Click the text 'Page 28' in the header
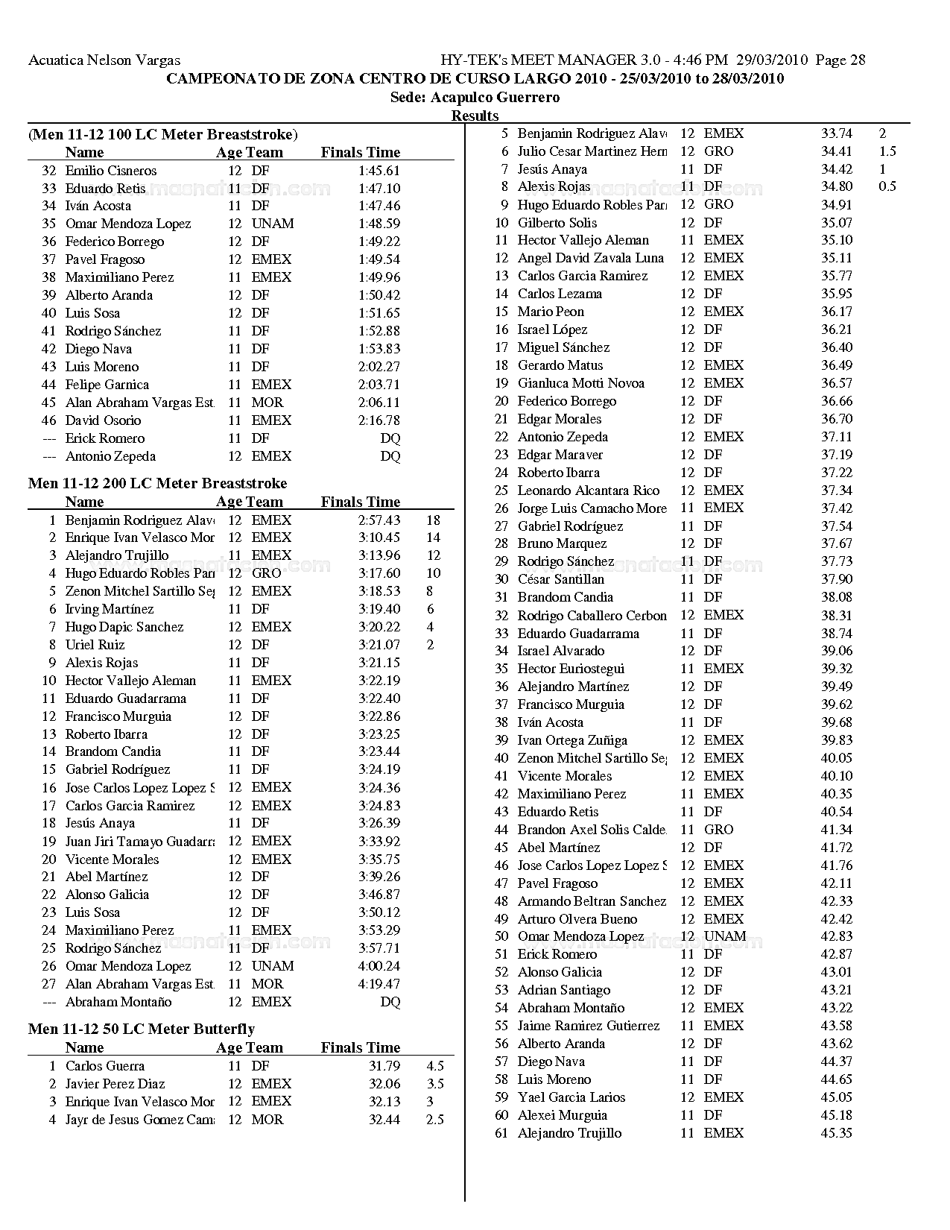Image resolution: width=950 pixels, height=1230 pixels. (840, 60)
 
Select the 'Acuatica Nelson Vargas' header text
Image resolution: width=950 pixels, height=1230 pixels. (104, 60)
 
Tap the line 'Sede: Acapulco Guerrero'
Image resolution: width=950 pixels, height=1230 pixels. (475, 98)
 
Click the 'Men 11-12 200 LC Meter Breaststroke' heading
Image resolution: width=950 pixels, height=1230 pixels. (157, 483)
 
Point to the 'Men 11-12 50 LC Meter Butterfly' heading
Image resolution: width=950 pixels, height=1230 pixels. (142, 1029)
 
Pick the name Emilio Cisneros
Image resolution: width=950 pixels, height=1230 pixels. (111, 171)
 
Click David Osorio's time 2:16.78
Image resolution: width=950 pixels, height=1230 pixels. (379, 420)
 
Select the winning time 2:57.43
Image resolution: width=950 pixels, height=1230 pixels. (379, 520)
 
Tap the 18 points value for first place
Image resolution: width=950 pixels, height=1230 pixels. (433, 520)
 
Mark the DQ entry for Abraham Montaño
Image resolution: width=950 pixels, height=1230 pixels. (390, 1002)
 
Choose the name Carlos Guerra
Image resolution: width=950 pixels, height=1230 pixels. (105, 1066)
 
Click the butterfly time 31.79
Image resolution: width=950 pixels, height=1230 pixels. (384, 1066)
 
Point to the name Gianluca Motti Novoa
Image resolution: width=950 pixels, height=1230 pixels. (581, 383)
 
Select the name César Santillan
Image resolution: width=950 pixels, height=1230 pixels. (561, 579)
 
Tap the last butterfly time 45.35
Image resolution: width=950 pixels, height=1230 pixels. (837, 1133)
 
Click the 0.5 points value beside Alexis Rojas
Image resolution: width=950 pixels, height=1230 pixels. (887, 186)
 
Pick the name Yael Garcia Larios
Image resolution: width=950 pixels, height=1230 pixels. (571, 1097)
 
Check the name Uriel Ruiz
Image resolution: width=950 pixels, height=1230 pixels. (95, 645)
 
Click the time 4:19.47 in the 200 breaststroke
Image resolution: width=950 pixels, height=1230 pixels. (379, 984)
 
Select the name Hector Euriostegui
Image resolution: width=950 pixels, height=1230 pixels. (571, 669)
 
